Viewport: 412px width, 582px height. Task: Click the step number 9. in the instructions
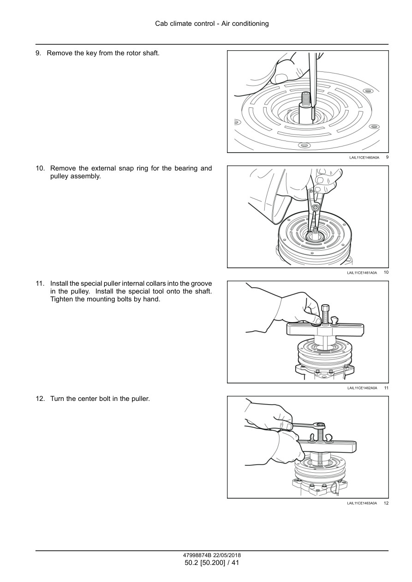(39, 53)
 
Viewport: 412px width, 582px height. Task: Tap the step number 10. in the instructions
(41, 168)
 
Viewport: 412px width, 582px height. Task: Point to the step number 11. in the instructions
(41, 283)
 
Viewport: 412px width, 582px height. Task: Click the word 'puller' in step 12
(139, 398)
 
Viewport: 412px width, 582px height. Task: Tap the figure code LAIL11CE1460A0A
(364, 158)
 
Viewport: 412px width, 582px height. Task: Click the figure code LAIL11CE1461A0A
(362, 273)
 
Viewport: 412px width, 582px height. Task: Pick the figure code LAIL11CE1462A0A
(362, 388)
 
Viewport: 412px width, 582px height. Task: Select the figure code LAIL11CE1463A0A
(362, 503)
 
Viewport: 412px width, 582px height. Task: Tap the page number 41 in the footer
(234, 563)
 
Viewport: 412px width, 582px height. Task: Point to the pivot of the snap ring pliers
(315, 208)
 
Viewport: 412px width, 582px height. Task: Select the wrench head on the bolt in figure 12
(318, 425)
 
